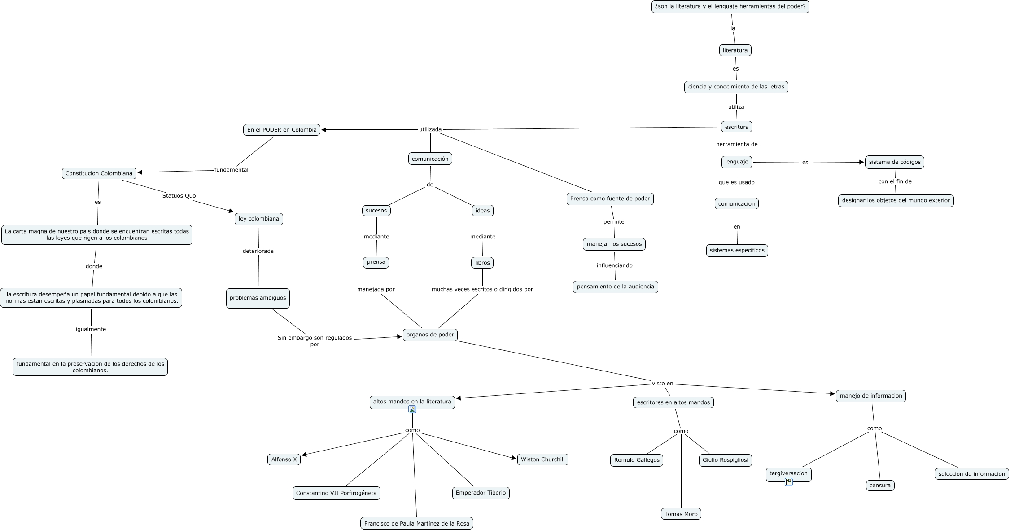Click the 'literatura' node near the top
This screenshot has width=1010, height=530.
(x=735, y=50)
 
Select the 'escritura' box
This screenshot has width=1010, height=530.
(x=736, y=127)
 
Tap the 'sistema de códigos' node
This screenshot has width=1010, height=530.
(x=894, y=162)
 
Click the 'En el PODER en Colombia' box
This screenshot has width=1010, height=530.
(x=282, y=130)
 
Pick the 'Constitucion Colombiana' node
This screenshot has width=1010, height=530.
(x=99, y=173)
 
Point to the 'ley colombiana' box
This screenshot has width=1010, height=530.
(x=258, y=219)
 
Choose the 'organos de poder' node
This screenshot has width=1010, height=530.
(x=430, y=335)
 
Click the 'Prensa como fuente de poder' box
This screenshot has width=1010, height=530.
(x=610, y=199)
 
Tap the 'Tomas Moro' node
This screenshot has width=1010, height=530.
(x=681, y=514)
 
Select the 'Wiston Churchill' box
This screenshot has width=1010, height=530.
(x=542, y=459)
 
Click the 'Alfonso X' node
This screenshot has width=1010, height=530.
(x=284, y=459)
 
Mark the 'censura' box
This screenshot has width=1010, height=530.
(x=879, y=486)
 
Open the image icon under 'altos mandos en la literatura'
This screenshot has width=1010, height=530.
(x=412, y=409)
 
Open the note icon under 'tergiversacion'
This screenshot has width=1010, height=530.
(x=788, y=482)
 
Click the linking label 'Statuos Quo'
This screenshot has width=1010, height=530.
(x=179, y=196)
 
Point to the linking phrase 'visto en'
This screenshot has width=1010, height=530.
(x=662, y=384)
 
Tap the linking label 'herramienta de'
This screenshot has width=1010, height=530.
(x=736, y=144)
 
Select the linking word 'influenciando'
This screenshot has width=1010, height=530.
(x=614, y=265)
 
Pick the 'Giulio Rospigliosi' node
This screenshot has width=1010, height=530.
(x=725, y=460)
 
